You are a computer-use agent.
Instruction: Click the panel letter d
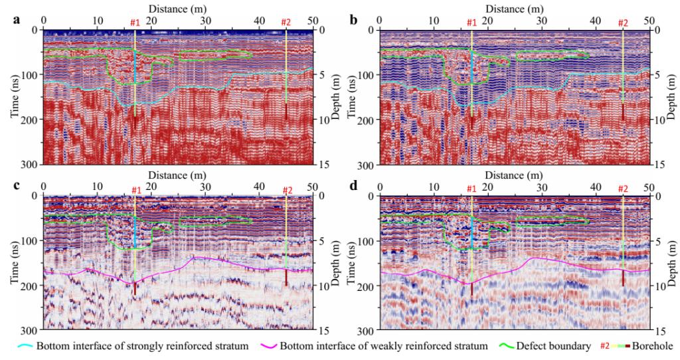point(353,185)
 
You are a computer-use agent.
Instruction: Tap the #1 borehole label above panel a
point(135,23)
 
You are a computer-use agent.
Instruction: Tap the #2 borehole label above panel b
point(623,23)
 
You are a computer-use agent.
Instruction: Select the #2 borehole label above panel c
point(287,190)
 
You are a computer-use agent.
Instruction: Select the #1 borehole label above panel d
point(471,190)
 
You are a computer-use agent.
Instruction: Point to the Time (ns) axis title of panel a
point(13,96)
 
